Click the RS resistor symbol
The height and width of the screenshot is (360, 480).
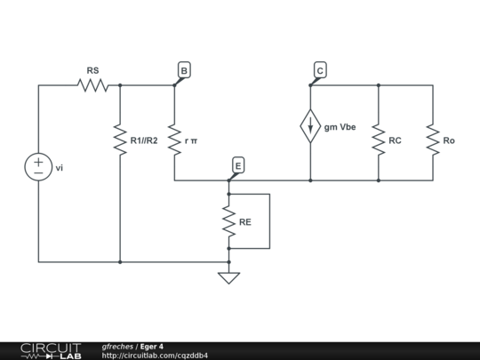click(92, 85)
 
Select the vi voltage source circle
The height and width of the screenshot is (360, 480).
click(38, 166)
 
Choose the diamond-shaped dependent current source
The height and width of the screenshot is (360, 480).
click(310, 126)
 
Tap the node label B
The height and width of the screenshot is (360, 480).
click(183, 70)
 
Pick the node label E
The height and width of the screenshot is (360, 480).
click(237, 165)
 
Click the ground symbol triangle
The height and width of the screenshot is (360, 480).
click(228, 277)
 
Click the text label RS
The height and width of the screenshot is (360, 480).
click(92, 69)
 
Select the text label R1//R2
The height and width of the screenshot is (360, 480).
click(144, 140)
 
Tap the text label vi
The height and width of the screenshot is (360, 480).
click(60, 166)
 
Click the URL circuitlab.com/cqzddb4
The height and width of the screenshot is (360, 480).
click(155, 356)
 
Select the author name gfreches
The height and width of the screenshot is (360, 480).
click(118, 346)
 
